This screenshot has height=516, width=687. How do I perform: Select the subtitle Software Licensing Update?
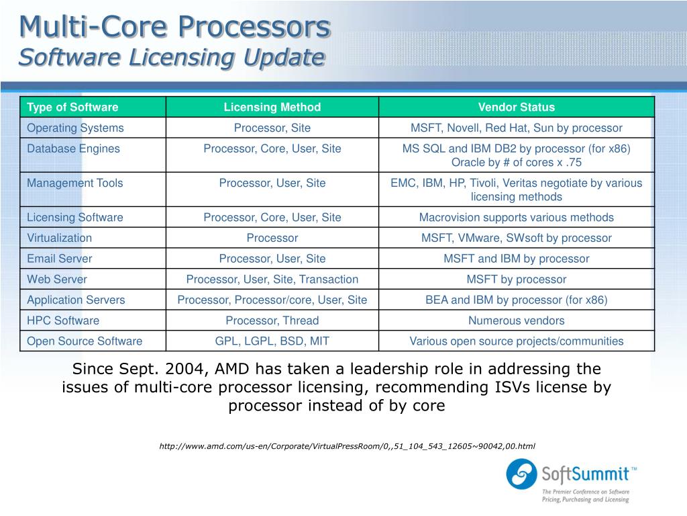[x=171, y=57]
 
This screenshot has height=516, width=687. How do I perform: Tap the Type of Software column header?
[x=72, y=107]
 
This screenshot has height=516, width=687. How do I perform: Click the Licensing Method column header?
[x=272, y=107]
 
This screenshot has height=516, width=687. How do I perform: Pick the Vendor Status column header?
[x=516, y=107]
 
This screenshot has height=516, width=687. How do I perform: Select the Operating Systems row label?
[x=75, y=128]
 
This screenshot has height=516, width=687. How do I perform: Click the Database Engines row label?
[x=73, y=148]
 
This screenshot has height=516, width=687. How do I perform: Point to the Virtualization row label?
[x=59, y=238]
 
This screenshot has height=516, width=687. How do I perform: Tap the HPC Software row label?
[x=63, y=320]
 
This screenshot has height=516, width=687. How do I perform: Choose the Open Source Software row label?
[x=85, y=341]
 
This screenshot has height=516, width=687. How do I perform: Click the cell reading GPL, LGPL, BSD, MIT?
[x=272, y=341]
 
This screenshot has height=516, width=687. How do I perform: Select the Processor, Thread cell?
[x=272, y=320]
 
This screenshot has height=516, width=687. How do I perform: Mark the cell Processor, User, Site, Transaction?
[x=272, y=279]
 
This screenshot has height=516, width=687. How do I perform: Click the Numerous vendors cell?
[x=516, y=320]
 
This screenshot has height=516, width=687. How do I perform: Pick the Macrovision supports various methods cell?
[x=516, y=217]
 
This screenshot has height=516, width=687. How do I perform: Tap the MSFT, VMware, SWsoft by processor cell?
[x=516, y=238]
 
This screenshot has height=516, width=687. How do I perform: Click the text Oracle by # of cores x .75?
[x=516, y=163]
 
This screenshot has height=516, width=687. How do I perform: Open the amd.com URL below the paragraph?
[x=347, y=446]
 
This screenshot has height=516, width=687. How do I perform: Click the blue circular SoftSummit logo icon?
[x=521, y=474]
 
